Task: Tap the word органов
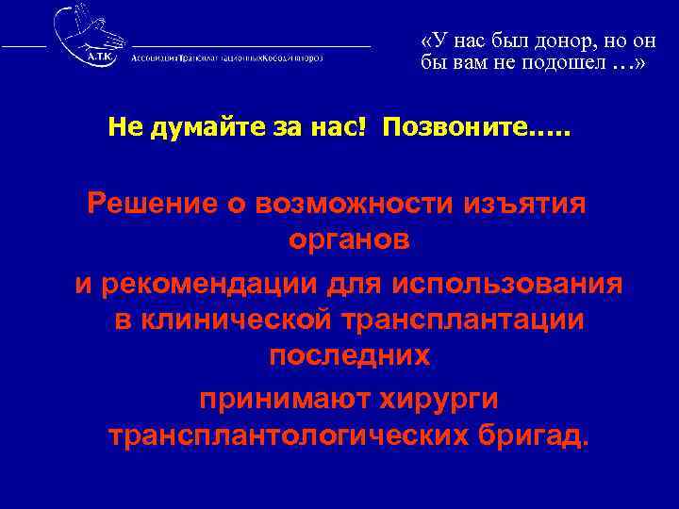tap(348, 241)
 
